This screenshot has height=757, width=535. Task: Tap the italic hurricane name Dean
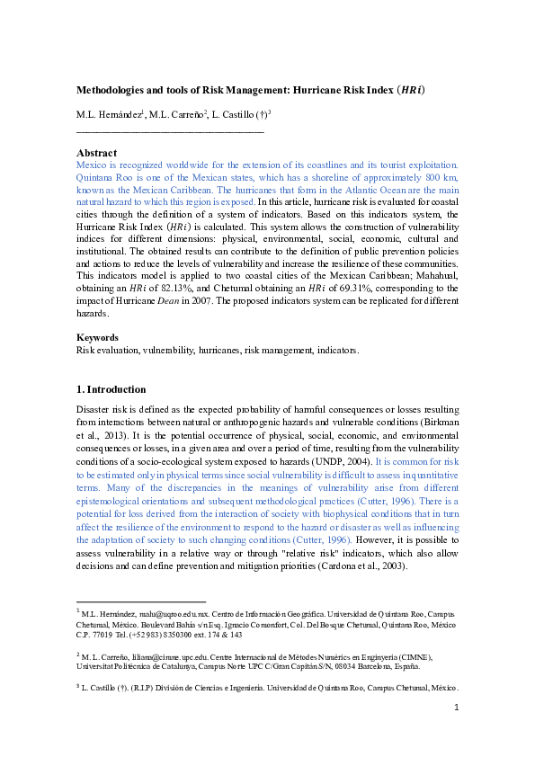click(x=187, y=301)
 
